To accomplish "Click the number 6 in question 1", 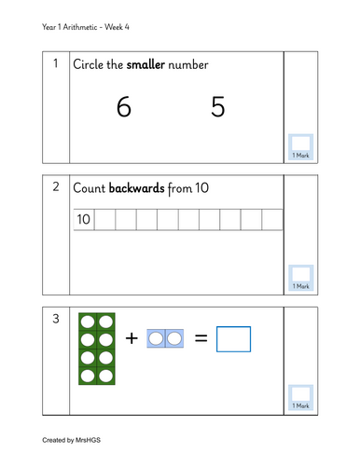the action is (x=124, y=106).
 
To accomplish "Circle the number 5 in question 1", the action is (x=217, y=106).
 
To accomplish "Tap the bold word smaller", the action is (x=145, y=64).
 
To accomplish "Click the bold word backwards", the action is (x=136, y=188).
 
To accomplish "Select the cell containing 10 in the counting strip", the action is (x=84, y=219).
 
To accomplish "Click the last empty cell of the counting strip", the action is (x=272, y=219).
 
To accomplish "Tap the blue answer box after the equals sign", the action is (x=233, y=339).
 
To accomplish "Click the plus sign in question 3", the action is (x=132, y=338).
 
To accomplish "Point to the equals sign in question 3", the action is (x=201, y=338).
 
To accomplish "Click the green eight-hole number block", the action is (x=97, y=349).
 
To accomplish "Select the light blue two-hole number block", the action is (x=165, y=338).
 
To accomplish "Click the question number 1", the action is (x=56, y=63).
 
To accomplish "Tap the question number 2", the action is (x=56, y=186).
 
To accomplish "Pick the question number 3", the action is (x=56, y=319).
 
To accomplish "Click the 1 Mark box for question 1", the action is (x=300, y=147).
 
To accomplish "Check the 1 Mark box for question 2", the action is (x=300, y=278).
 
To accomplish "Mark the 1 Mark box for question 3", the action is (x=300, y=398).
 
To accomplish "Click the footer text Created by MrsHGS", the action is (x=71, y=440).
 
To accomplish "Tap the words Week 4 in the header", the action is (x=117, y=27).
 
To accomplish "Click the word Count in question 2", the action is (x=89, y=188).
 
